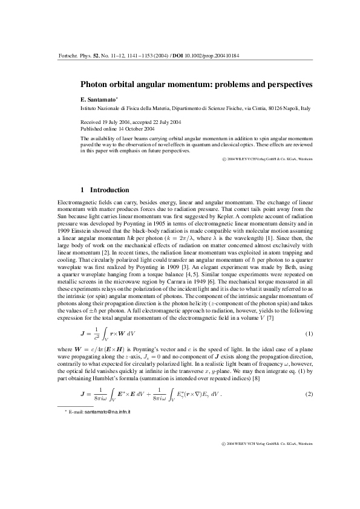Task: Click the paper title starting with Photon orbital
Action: click(197, 85)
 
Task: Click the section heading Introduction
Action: click(109, 190)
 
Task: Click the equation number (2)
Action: click(309, 378)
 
